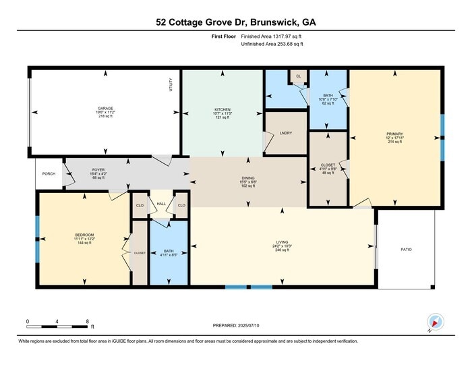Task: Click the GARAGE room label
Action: point(105,108)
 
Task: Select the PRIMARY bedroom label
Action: point(394,134)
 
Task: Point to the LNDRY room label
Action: point(285,133)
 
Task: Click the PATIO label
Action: point(406,250)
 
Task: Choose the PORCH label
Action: point(49,173)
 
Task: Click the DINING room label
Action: point(248,178)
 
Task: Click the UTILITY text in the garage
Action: point(171,84)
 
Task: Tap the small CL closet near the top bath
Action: point(298,76)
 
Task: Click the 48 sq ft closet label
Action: point(328,166)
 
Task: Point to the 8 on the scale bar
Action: point(88,321)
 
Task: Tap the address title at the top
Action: point(235,22)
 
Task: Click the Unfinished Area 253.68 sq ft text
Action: point(272,45)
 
